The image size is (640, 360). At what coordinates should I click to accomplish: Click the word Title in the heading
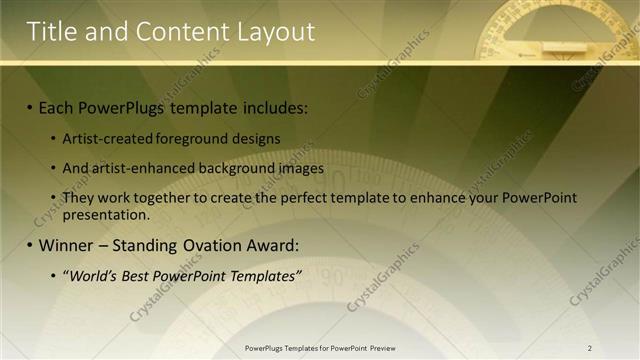tap(52, 32)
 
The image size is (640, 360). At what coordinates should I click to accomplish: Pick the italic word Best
tap(140, 275)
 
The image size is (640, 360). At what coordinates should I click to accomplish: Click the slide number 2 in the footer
tap(590, 348)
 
